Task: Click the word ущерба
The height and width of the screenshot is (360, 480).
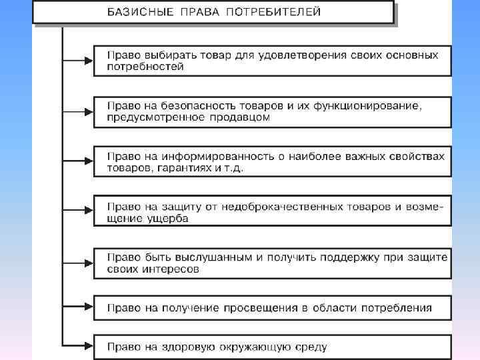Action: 167,219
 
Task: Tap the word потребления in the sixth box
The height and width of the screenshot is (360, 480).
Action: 397,308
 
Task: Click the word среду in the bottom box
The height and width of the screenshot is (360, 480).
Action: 311,346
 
